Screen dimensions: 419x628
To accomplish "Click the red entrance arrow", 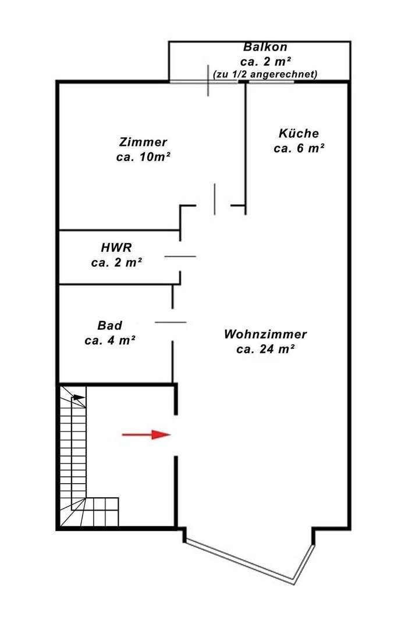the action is [146, 434].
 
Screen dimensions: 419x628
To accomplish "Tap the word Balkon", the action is [265, 47].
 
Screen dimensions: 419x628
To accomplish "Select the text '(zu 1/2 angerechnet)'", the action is [265, 74].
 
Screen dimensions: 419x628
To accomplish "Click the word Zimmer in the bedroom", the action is [143, 142].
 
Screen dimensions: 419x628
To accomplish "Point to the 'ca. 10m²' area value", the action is [143, 157].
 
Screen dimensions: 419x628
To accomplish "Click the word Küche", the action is [299, 133].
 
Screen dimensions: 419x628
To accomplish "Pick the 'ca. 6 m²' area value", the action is [299, 148].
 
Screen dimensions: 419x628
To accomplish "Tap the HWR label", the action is [116, 247].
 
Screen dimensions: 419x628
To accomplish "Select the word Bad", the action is [110, 325].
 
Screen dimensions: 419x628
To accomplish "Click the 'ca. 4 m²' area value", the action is [110, 340].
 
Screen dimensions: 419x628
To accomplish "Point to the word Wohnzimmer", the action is [265, 334].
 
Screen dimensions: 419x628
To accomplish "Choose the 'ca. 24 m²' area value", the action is [265, 349].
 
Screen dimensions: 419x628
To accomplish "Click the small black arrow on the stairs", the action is [79, 397].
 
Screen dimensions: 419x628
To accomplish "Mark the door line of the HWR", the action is [180, 256].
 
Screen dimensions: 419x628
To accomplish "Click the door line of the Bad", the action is [171, 322].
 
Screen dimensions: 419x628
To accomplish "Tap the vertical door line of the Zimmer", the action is [215, 199].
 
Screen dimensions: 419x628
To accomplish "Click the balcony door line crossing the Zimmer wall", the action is [208, 80].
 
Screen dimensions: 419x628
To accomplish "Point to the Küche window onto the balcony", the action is [271, 82].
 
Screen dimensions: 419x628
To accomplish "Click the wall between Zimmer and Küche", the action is [246, 148].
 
